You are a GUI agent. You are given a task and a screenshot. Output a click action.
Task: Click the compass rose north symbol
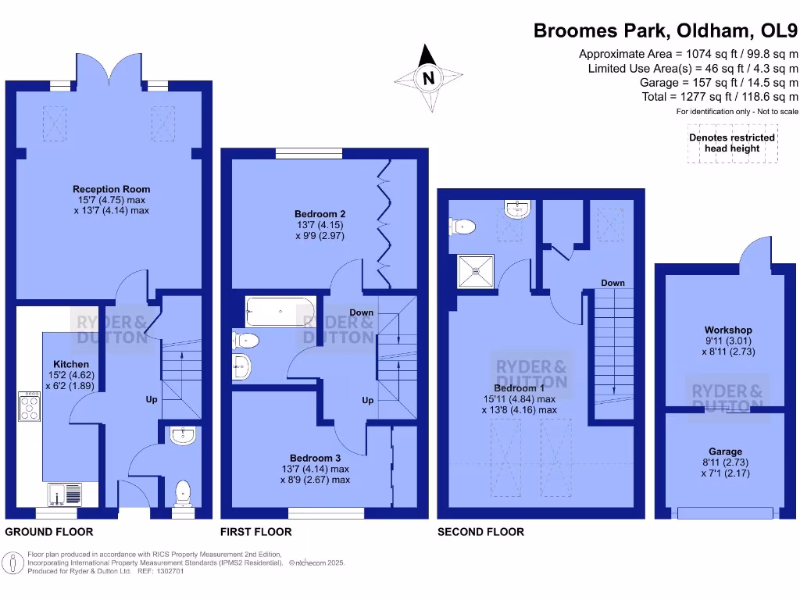point(427,78)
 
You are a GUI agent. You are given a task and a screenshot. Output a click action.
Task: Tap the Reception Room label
point(111,189)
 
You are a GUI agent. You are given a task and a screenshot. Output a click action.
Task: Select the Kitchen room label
point(71,364)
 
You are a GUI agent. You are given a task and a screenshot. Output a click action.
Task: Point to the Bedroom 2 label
point(320,213)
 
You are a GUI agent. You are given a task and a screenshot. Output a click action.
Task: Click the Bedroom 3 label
point(315,458)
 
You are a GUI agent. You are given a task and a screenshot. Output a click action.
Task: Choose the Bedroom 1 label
point(520,388)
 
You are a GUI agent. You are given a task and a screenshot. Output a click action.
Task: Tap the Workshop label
point(728,330)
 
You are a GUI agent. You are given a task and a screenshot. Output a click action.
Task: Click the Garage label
point(726,452)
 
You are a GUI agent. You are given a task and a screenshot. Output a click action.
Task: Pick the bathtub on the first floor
point(280,312)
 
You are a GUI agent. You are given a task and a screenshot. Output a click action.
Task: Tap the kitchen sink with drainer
point(65,495)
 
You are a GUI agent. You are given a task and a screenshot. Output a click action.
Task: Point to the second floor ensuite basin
point(518,209)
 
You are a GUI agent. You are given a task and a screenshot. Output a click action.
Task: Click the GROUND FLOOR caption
point(49,532)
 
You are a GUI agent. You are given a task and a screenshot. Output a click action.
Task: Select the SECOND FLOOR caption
point(480,532)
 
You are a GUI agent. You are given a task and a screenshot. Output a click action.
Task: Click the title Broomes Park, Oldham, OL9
point(666,31)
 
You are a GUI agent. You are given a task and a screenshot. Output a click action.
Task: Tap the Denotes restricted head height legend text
point(731,143)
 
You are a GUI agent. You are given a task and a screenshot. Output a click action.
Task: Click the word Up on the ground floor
point(152,399)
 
